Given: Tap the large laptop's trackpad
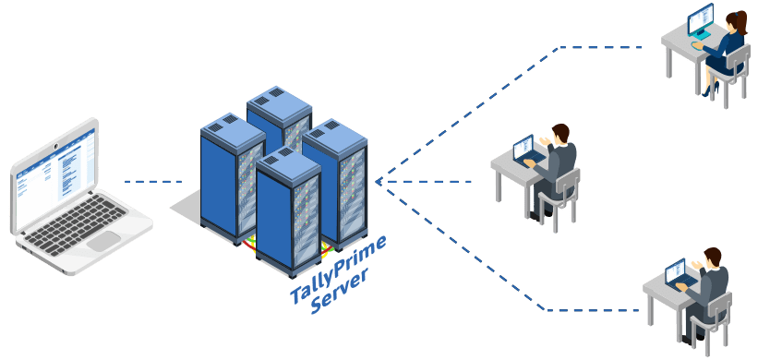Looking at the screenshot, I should pos(102,241).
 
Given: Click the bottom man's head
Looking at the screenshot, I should pos(712,256).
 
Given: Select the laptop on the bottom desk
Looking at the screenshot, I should pos(677,272).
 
